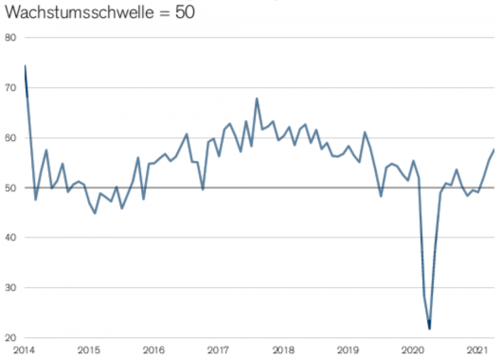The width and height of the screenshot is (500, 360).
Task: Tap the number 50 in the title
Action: coord(184,13)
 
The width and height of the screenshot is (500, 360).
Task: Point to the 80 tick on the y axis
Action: coord(11,38)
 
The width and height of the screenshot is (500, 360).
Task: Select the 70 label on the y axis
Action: coord(11,88)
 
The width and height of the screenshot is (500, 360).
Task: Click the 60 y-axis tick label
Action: coord(11,138)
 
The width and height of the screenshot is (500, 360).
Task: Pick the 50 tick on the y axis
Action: coord(11,188)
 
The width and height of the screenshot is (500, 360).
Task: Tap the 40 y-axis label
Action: coord(11,238)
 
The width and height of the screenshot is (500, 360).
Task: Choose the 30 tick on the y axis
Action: coord(11,288)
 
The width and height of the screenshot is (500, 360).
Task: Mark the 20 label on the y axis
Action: coord(11,337)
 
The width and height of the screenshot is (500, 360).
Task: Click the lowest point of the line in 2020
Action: coord(430,329)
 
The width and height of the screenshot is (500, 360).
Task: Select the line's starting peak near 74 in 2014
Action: coord(25,66)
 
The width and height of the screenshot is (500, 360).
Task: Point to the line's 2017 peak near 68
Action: coord(257,98)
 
